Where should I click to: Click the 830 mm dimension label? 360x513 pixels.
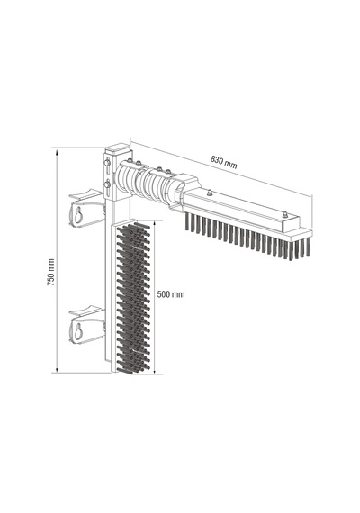pos(223,162)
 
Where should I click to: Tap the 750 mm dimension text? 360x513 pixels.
pos(50,272)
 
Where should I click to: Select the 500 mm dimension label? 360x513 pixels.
pos(171,294)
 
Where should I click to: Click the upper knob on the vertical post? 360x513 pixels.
pos(107,163)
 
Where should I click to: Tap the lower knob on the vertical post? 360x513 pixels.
pos(107,184)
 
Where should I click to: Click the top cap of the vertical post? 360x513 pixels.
pos(118,148)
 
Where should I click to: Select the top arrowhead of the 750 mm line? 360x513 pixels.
pos(57,152)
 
